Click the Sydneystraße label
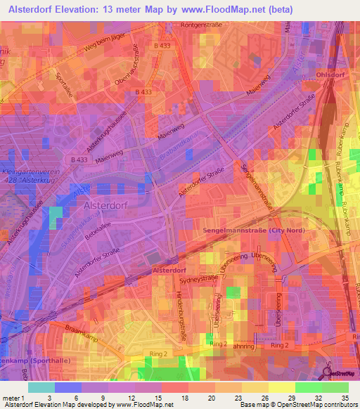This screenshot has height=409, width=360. click(x=199, y=278)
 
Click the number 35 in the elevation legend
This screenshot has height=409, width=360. click(x=344, y=398)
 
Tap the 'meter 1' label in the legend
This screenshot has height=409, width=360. click(x=12, y=398)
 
